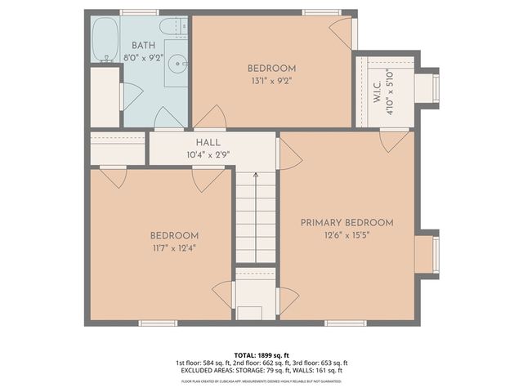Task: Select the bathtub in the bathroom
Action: tap(105, 39)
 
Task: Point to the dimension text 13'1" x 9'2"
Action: tap(271, 81)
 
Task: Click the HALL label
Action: tap(208, 142)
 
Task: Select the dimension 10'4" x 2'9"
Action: tap(208, 154)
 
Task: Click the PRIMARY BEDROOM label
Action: tap(346, 222)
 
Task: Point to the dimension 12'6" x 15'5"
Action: tap(346, 236)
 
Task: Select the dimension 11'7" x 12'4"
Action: tap(173, 247)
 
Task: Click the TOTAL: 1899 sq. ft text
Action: tap(261, 355)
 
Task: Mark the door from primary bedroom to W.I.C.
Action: tap(394, 140)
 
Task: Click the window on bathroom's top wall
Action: tap(139, 12)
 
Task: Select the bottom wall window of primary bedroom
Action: tap(345, 323)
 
